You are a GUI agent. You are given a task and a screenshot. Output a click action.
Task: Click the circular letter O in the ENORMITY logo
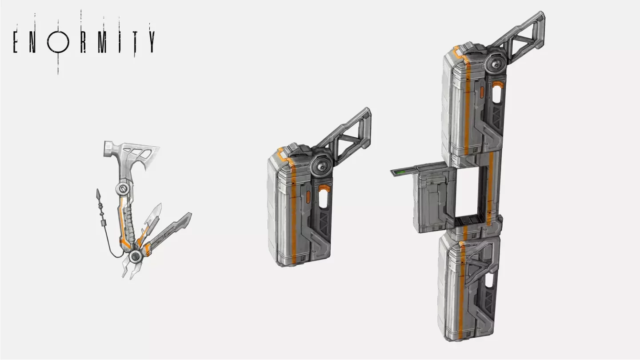(x=58, y=42)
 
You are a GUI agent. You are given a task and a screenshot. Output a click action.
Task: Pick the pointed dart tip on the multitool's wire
(x=98, y=194)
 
